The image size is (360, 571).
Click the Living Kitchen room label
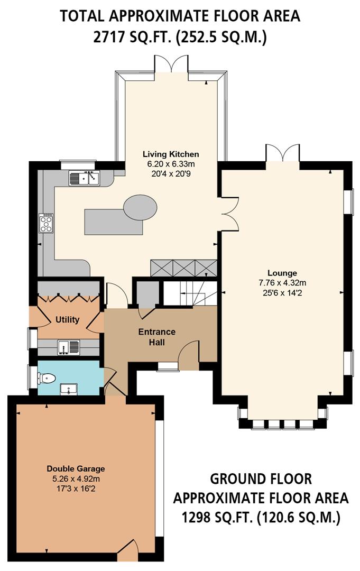pyautogui.click(x=171, y=154)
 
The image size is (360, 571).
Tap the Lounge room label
pyautogui.click(x=282, y=273)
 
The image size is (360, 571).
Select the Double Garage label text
pyautogui.click(x=76, y=468)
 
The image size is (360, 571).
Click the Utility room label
pyautogui.click(x=67, y=319)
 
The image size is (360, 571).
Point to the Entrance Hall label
pyautogui.click(x=156, y=337)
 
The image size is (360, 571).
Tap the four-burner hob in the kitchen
pyautogui.click(x=46, y=223)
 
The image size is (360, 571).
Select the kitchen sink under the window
pyautogui.click(x=84, y=178)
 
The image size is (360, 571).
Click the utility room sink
pyautogui.click(x=69, y=347)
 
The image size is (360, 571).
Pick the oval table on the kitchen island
pyautogui.click(x=140, y=206)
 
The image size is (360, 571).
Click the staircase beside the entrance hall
pyautogui.click(x=191, y=293)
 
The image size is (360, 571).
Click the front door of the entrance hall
pyautogui.click(x=188, y=355)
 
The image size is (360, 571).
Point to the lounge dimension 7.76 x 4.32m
pyautogui.click(x=282, y=282)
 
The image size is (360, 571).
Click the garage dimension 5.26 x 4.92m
pyautogui.click(x=76, y=478)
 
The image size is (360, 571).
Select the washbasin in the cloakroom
pyautogui.click(x=69, y=389)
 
